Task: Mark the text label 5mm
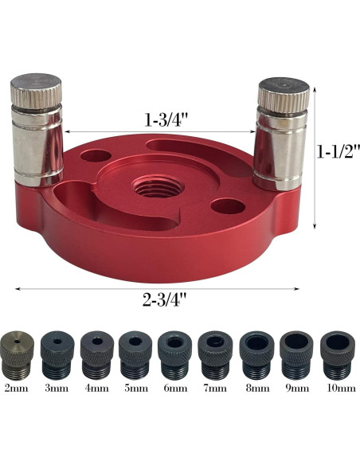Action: click(135, 389)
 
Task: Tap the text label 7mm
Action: click(215, 389)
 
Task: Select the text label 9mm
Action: click(296, 389)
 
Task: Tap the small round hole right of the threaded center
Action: click(229, 206)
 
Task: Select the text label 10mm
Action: click(338, 389)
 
